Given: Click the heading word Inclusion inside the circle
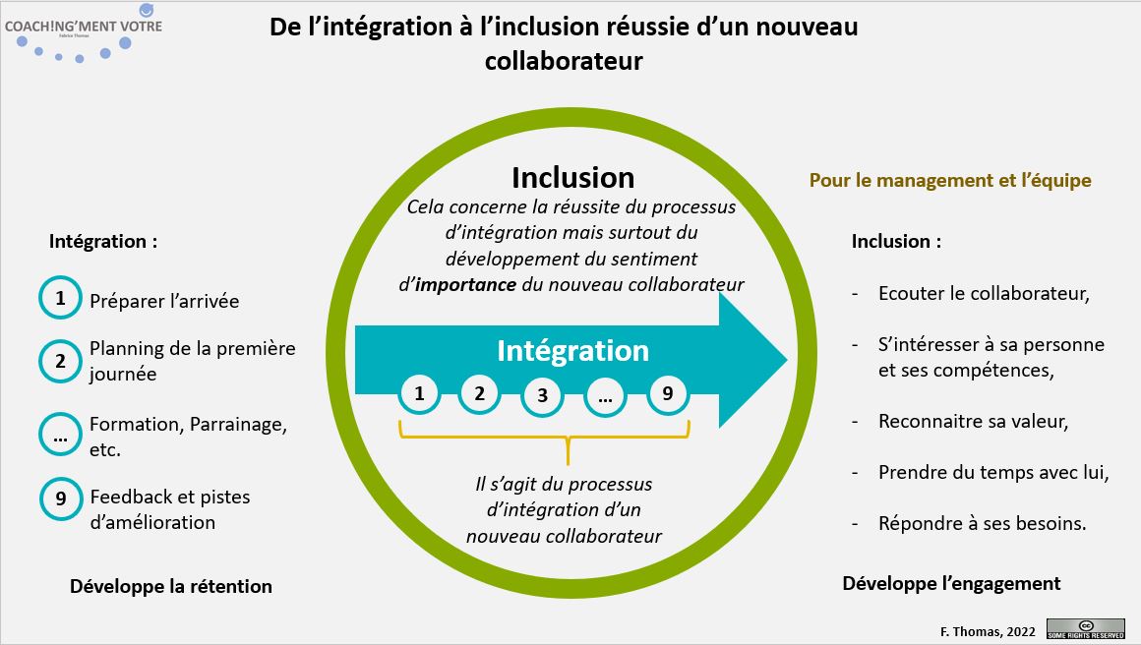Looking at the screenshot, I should tap(572, 177).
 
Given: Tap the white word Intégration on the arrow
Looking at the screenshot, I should tap(572, 351).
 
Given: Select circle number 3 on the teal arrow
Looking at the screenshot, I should tap(542, 395).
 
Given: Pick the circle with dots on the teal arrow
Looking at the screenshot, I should tap(604, 395).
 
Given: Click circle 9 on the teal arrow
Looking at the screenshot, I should tap(667, 394).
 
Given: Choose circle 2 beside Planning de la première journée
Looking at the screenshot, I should tap(60, 361).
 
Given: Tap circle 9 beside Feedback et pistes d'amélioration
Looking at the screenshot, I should tap(61, 498).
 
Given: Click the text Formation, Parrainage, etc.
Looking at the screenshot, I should tap(188, 438).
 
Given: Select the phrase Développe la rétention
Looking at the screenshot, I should tap(171, 587).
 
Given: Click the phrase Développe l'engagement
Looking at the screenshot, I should tap(951, 583).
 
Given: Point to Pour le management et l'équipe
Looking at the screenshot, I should tap(950, 181).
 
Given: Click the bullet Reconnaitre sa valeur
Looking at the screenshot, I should tap(973, 421).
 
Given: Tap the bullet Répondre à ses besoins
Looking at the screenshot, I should tap(982, 523).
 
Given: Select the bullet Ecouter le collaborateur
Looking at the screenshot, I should tap(984, 293).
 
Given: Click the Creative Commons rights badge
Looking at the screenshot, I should tap(1085, 628).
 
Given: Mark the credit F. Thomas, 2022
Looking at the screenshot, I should tap(988, 631).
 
